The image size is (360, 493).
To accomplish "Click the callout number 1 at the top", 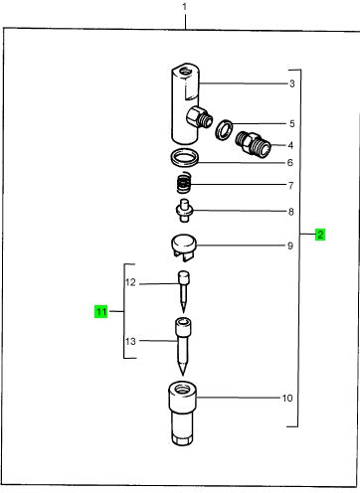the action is [185, 7].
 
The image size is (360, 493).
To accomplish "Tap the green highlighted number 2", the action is [320, 235].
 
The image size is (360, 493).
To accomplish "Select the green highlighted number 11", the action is [101, 311].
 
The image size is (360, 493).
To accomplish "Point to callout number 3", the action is [291, 83].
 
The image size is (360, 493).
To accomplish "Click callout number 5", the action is [291, 123].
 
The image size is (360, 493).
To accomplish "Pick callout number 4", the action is [290, 145].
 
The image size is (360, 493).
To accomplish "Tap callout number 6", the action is [290, 162].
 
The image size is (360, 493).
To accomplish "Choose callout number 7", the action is [290, 186].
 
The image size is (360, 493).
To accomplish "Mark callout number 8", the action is [290, 212].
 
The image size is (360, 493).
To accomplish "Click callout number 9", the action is [290, 246].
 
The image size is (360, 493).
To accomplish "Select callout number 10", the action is [287, 398].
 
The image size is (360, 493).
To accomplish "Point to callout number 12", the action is [130, 282].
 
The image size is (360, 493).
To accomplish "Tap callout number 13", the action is [130, 341].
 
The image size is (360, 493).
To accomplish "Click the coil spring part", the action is [184, 183].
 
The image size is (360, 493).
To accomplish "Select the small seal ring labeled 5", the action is [224, 130].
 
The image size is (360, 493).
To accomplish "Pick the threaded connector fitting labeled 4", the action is [254, 144].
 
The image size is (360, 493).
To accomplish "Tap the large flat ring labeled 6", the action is [184, 158].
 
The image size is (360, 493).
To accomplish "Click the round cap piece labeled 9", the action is [184, 247].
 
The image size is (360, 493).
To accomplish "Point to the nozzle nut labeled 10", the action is [182, 413].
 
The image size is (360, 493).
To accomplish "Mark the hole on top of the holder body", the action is [186, 71].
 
